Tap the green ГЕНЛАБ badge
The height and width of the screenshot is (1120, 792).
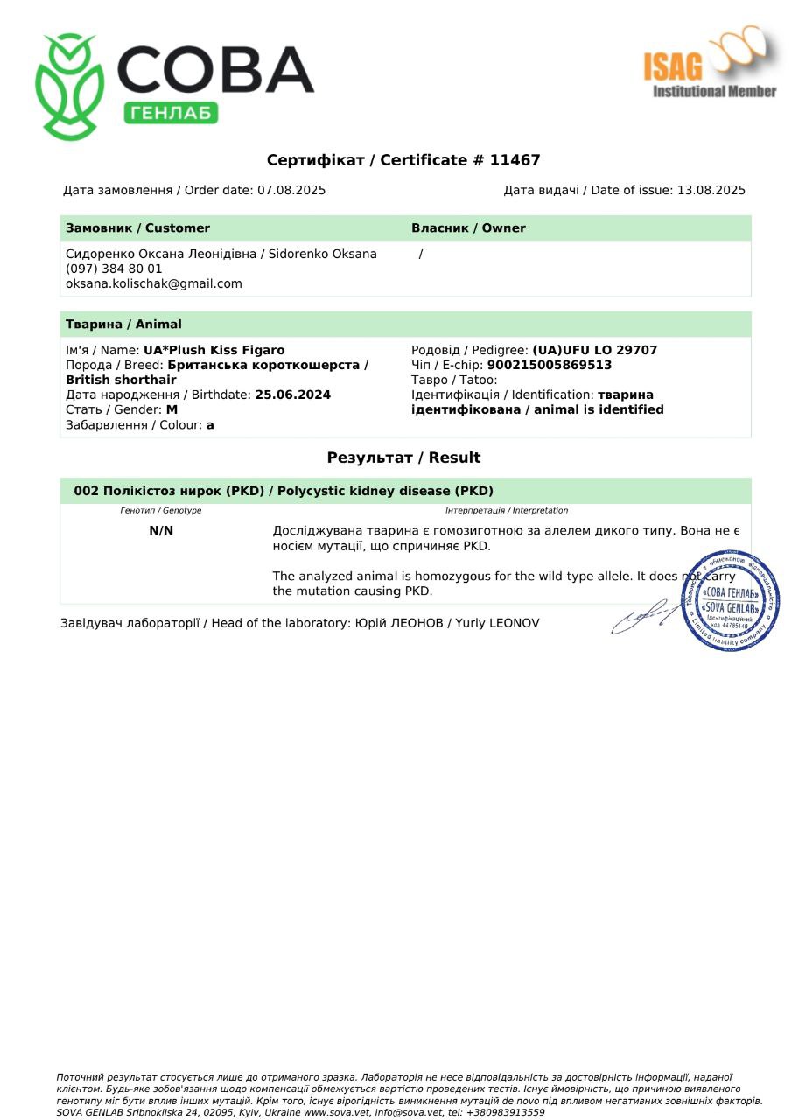[x=171, y=112]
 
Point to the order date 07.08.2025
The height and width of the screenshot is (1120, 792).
[x=291, y=190]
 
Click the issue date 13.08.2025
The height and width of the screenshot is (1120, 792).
[x=711, y=190]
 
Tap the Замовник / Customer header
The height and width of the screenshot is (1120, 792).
[x=137, y=228]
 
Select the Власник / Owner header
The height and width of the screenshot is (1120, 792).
[x=468, y=228]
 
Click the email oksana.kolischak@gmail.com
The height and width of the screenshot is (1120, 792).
[x=154, y=283]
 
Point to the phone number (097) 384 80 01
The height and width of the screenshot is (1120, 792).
[x=114, y=269]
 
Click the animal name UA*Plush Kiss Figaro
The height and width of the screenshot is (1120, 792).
[x=214, y=350]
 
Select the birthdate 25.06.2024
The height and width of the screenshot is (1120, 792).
[x=292, y=395]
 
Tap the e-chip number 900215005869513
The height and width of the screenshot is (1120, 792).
[x=550, y=365]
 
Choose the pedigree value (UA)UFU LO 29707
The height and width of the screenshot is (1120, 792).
[x=595, y=350]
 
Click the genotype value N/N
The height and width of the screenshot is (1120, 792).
[x=161, y=530]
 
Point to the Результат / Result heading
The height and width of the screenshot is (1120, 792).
[x=403, y=458]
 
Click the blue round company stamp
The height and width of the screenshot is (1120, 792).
[x=730, y=601]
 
